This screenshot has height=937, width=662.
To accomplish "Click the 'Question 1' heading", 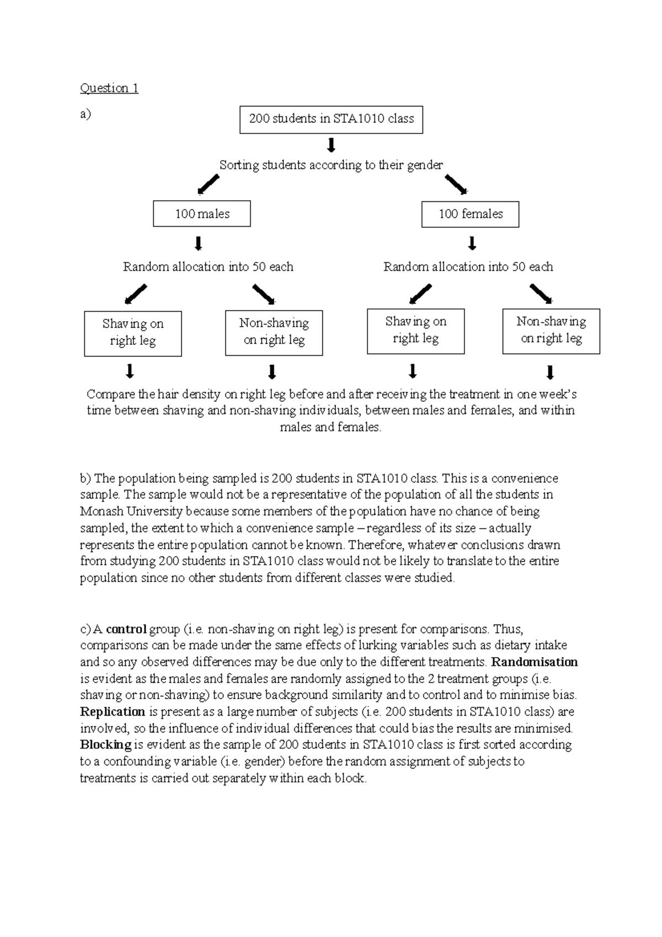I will coord(109,88).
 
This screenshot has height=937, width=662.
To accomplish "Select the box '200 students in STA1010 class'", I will coord(331,119).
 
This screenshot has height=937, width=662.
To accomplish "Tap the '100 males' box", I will coord(202,214).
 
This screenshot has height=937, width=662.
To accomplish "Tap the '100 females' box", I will coord(470,214).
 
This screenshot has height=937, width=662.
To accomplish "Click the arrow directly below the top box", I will coord(331,145).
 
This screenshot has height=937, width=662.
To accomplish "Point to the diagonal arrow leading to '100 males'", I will coord(209,185).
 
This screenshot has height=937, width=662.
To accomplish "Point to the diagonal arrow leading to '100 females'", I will coord(456,184).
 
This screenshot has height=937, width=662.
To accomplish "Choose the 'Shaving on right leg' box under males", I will coord(133,333).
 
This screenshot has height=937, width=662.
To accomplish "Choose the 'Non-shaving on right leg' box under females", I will coord(551,331).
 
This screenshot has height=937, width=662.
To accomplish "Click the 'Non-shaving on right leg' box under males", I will coord(274,332).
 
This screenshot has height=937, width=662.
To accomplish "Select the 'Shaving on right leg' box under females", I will coord(416,331).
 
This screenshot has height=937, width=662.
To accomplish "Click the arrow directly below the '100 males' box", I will coord(199,243).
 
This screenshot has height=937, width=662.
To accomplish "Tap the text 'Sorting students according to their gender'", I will coord(331,165).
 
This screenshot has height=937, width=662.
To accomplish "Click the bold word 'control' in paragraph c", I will coord(126,629).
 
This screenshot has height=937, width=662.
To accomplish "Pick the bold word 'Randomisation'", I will coord(534,662).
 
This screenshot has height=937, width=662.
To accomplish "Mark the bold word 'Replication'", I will coord(113,712).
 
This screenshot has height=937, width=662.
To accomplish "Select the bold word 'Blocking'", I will coord(106,745).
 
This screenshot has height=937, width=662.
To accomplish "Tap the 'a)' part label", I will coord(86,114).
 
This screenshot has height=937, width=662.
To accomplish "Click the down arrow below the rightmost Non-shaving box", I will coord(549,372).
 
